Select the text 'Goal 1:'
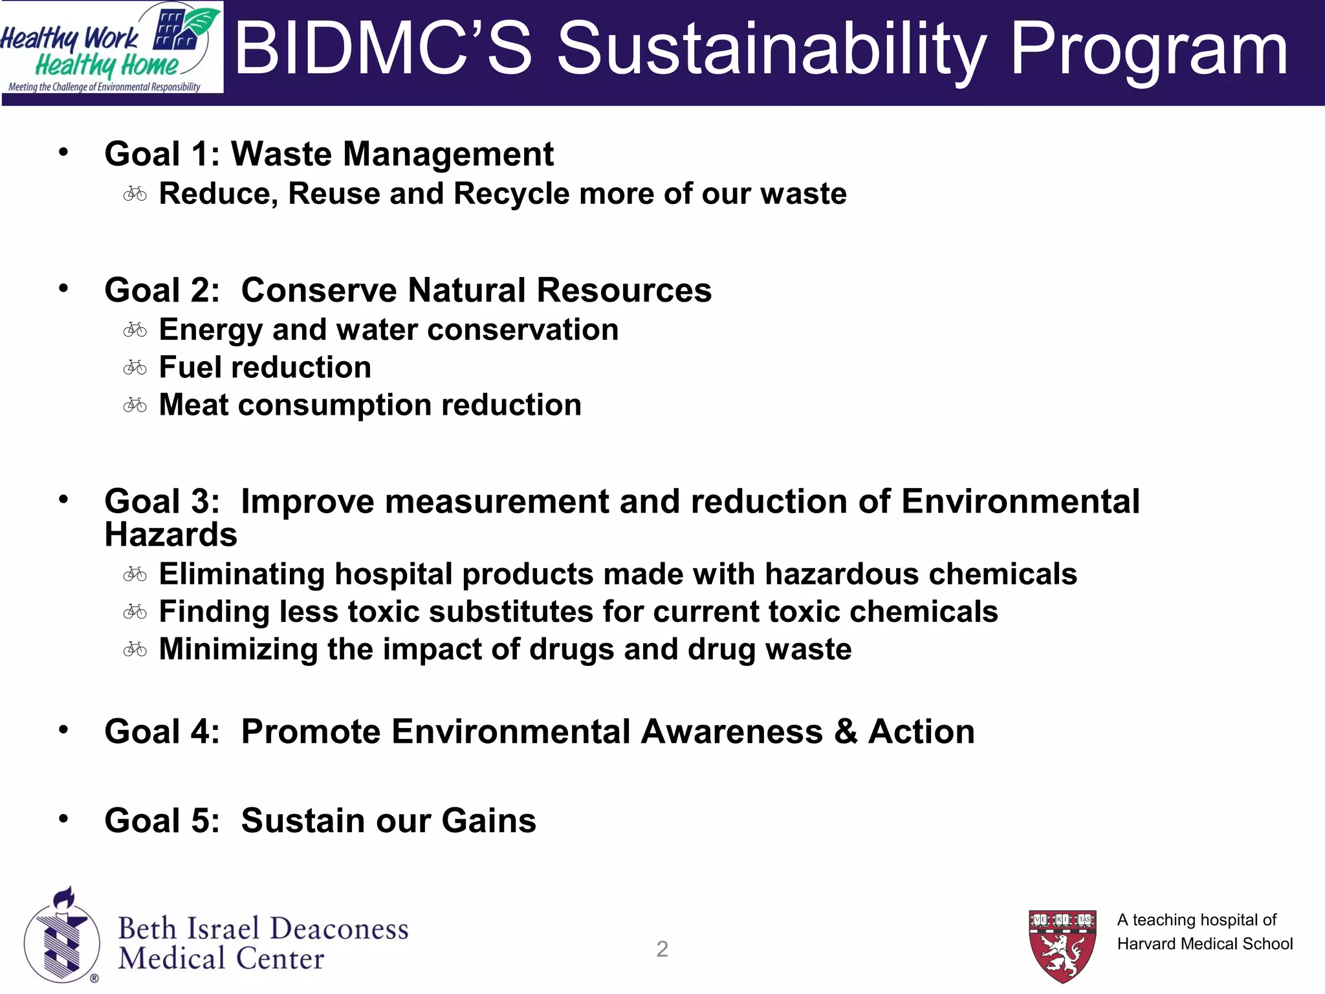[162, 154]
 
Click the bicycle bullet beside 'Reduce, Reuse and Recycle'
[135, 193]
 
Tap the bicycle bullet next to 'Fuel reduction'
[135, 368]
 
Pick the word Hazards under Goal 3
[171, 535]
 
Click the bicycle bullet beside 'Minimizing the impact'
[135, 649]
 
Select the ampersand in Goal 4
[845, 732]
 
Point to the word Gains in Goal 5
[489, 821]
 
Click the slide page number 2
[662, 949]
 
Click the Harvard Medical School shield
[1062, 945]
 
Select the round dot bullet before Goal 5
[63, 819]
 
